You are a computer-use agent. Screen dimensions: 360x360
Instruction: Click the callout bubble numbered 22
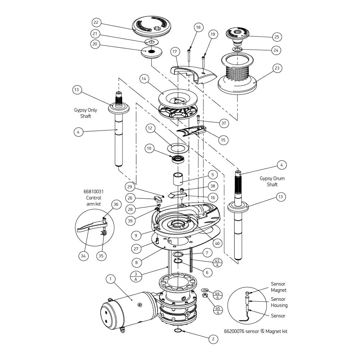click(x=96, y=22)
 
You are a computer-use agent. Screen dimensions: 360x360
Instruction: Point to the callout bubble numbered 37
click(x=224, y=123)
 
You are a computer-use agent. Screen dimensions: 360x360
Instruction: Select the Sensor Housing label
click(x=279, y=302)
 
